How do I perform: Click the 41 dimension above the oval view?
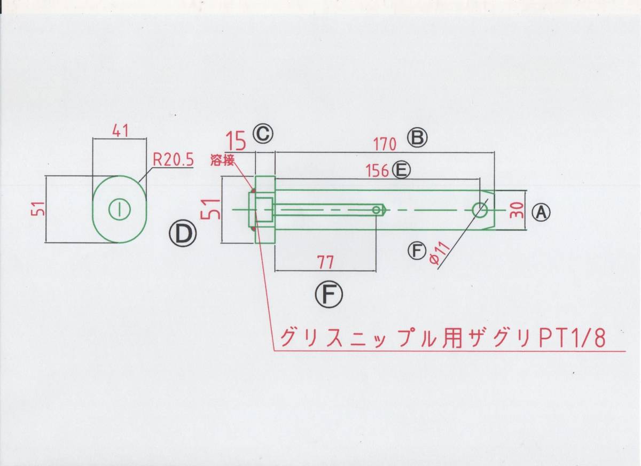(120, 131)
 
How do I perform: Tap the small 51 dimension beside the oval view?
(40, 208)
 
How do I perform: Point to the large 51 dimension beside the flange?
(210, 209)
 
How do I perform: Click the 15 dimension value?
(236, 141)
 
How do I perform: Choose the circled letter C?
(263, 134)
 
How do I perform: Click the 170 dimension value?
(386, 144)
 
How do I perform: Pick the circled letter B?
(418, 137)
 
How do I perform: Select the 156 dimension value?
(377, 171)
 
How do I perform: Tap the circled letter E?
(401, 170)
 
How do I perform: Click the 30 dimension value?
(517, 211)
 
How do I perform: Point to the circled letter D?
(183, 235)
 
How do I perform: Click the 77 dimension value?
(326, 262)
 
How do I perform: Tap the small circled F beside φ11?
(417, 251)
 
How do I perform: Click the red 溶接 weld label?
(222, 160)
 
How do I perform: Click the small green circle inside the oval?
(120, 209)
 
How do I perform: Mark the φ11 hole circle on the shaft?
(480, 210)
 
